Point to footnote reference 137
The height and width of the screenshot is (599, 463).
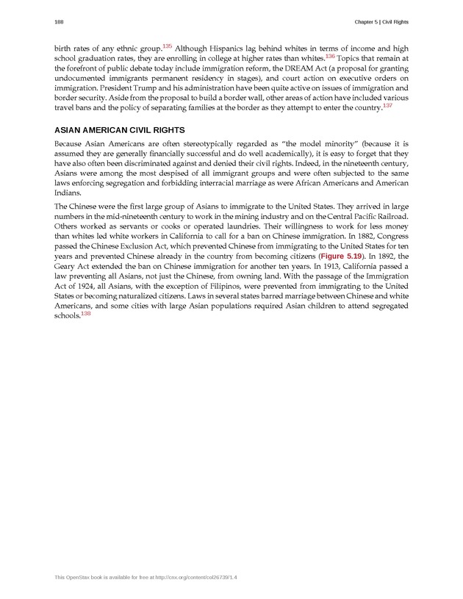pyautogui.click(x=387, y=106)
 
